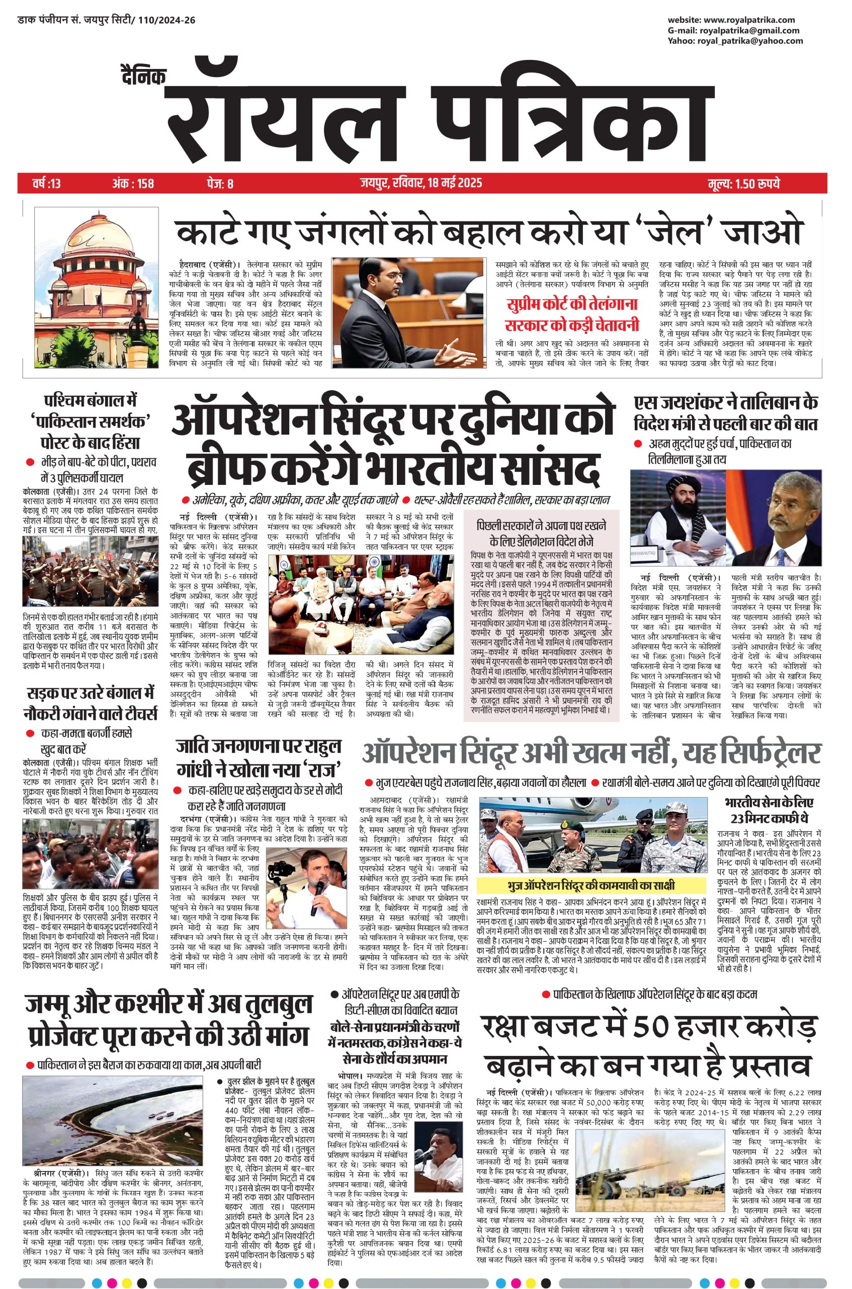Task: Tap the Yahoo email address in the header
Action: pyautogui.click(x=750, y=41)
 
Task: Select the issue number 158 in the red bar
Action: pyautogui.click(x=144, y=183)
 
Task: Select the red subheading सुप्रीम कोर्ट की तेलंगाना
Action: pyautogui.click(x=571, y=304)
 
